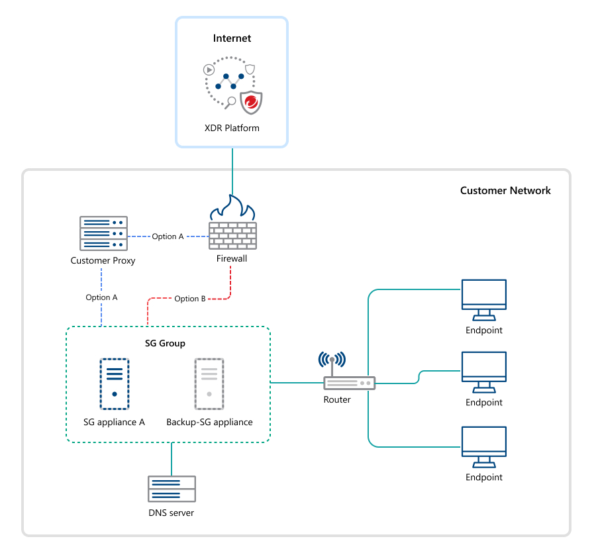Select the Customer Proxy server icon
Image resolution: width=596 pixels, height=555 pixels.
point(103,234)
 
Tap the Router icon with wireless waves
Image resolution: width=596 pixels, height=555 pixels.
point(348,376)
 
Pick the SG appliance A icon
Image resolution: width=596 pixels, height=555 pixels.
point(115,385)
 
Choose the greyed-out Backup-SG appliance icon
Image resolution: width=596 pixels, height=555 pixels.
point(209,385)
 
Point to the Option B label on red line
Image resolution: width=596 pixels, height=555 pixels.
point(190,299)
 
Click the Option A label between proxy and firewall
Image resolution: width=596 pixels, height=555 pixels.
point(168,236)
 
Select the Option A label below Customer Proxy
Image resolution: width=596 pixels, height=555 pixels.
point(101,297)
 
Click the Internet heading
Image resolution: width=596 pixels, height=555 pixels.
point(232,38)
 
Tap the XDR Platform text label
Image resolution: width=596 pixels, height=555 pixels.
point(232,128)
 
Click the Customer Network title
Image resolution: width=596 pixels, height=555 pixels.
point(505,191)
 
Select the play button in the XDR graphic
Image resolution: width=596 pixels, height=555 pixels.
point(209,69)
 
